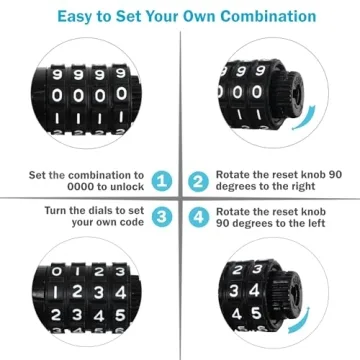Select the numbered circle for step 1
pos(162,181)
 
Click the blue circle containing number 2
pos(197,181)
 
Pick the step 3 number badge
pos(162,216)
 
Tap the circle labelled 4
pos(197,216)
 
